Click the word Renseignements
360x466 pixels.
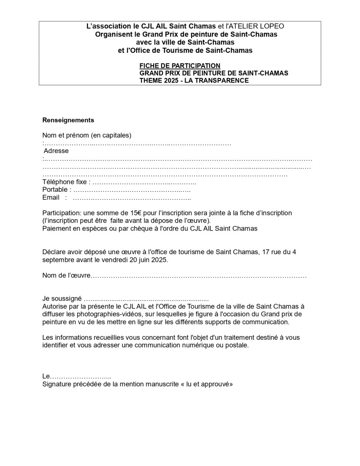tap(68, 120)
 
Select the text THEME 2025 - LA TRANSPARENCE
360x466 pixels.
tap(194, 80)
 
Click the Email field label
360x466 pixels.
tap(51, 197)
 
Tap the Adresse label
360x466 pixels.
tap(56, 151)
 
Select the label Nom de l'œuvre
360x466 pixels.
tap(66, 276)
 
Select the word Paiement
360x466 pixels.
tap(56, 228)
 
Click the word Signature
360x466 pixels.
tap(56, 384)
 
